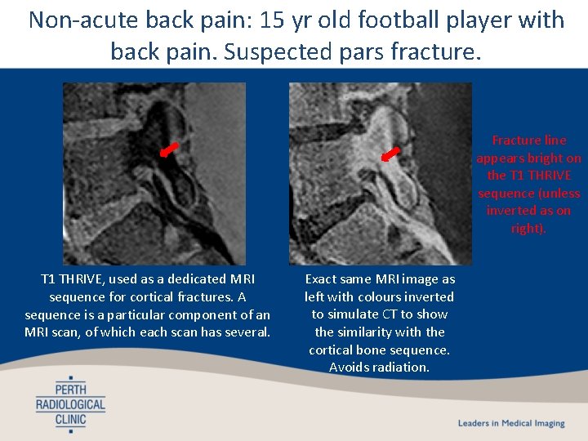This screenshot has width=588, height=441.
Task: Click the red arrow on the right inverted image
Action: click(392, 154)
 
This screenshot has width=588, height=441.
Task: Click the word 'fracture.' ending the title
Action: click(442, 52)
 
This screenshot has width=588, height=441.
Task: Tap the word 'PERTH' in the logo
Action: click(70, 389)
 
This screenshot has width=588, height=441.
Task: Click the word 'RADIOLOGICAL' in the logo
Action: click(70, 404)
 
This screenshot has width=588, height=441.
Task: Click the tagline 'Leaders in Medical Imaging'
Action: click(511, 423)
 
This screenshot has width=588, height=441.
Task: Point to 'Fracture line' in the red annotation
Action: click(528, 140)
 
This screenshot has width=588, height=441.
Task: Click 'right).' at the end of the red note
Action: click(528, 229)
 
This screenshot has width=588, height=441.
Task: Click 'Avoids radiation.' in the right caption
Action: click(379, 367)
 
